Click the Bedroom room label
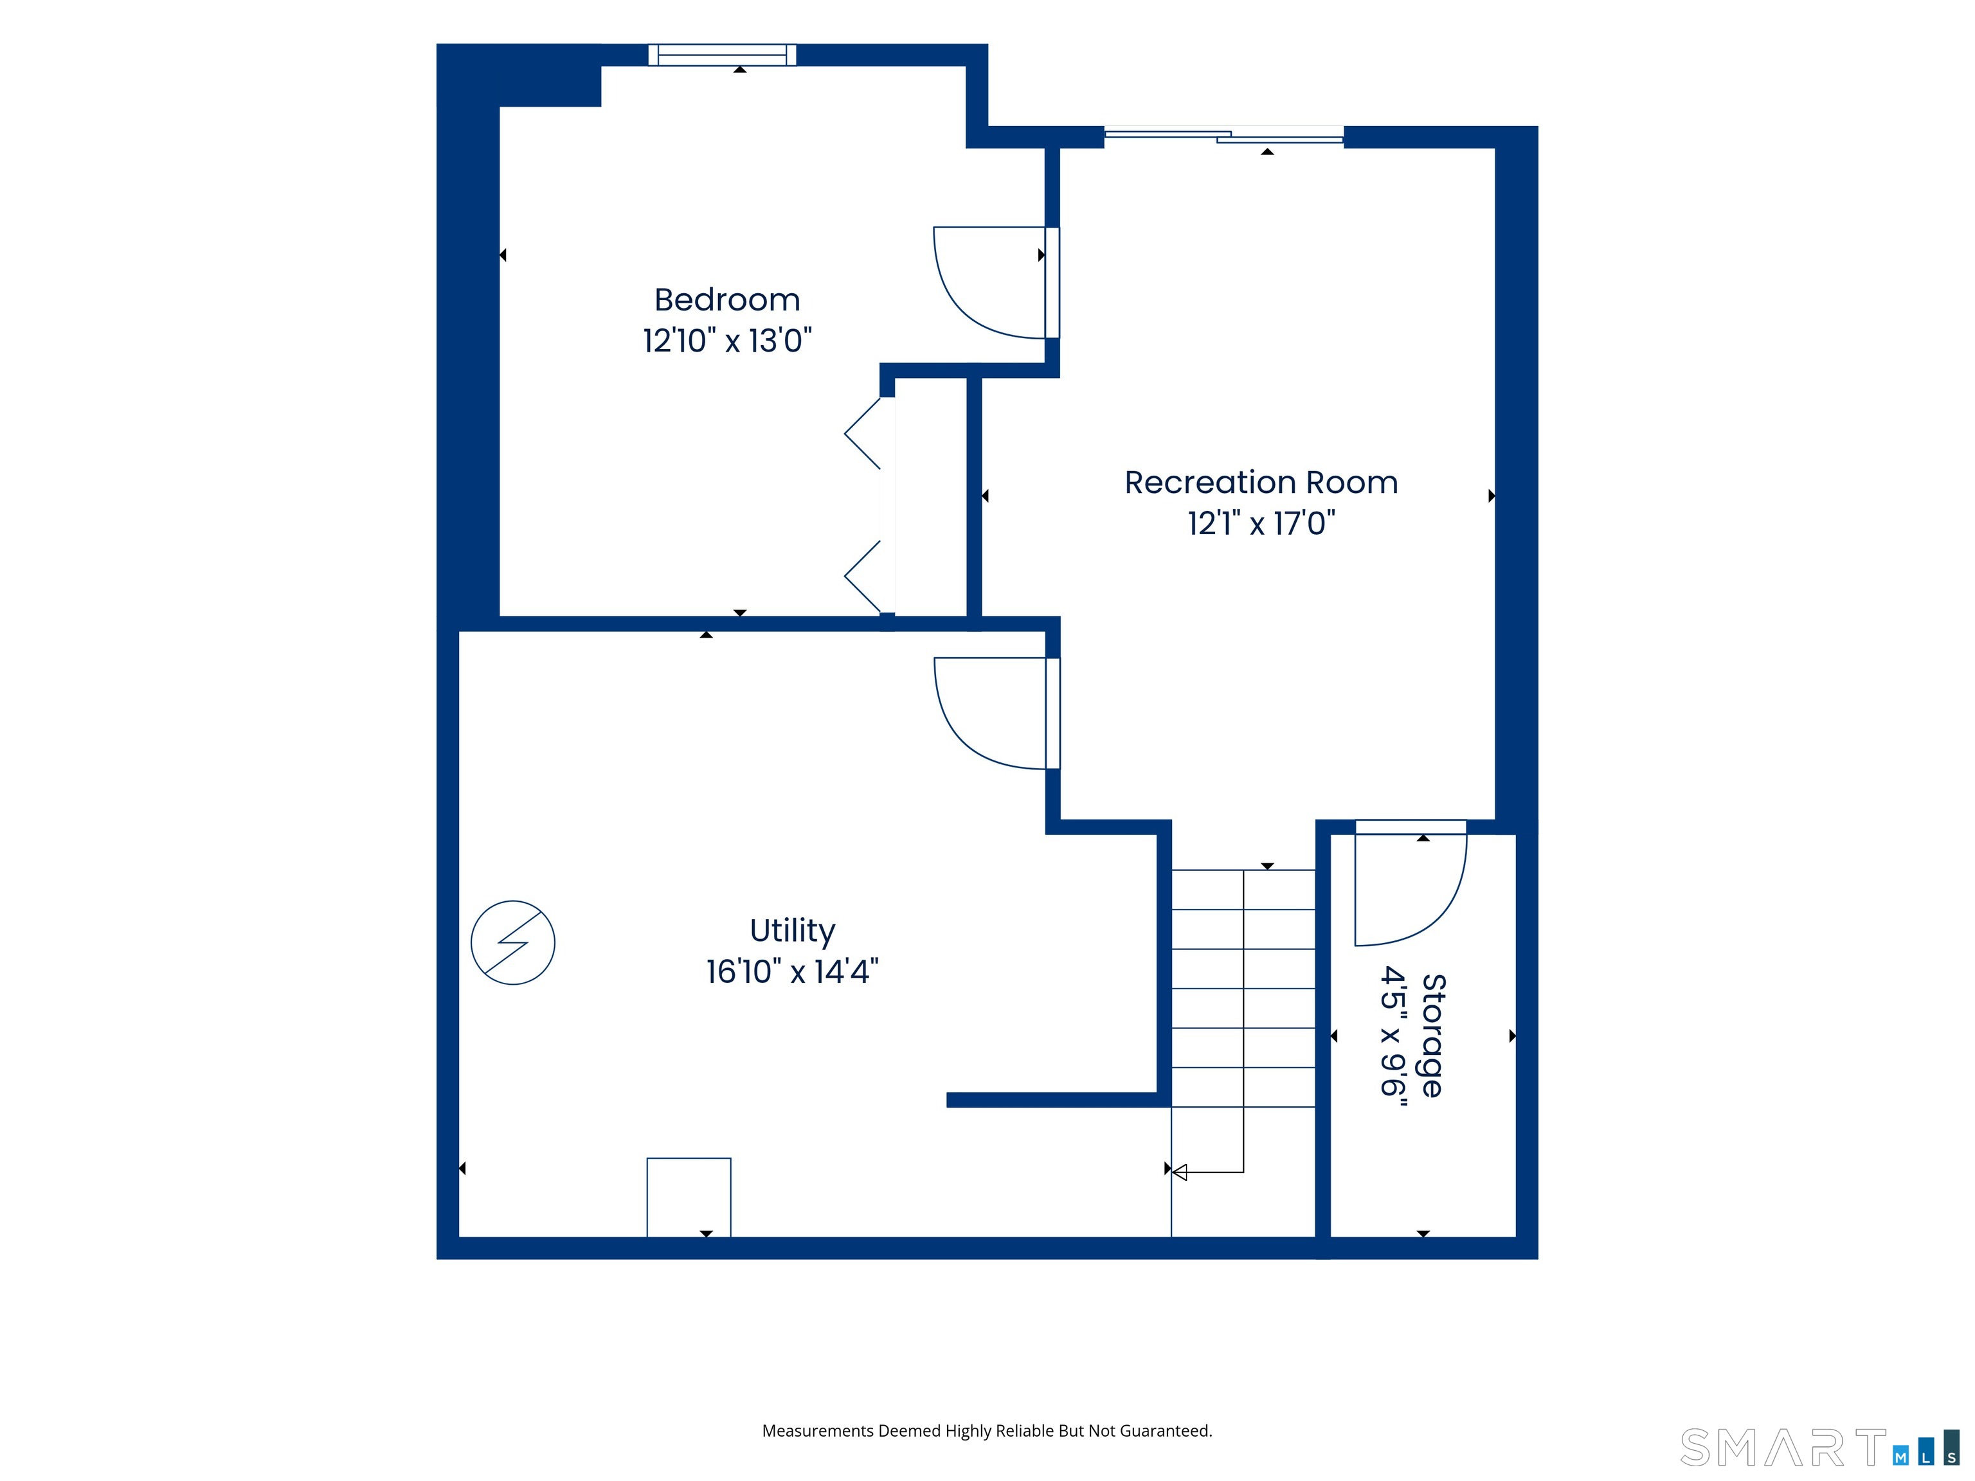pos(726,300)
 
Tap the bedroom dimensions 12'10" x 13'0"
pos(726,340)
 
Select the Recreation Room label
pos(1261,482)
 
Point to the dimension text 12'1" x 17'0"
pos(1261,523)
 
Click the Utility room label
pos(792,931)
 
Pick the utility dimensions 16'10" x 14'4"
pos(792,971)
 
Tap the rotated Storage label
pos(1432,1036)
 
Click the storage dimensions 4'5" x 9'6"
pos(1393,1036)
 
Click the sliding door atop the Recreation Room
pos(1224,136)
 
